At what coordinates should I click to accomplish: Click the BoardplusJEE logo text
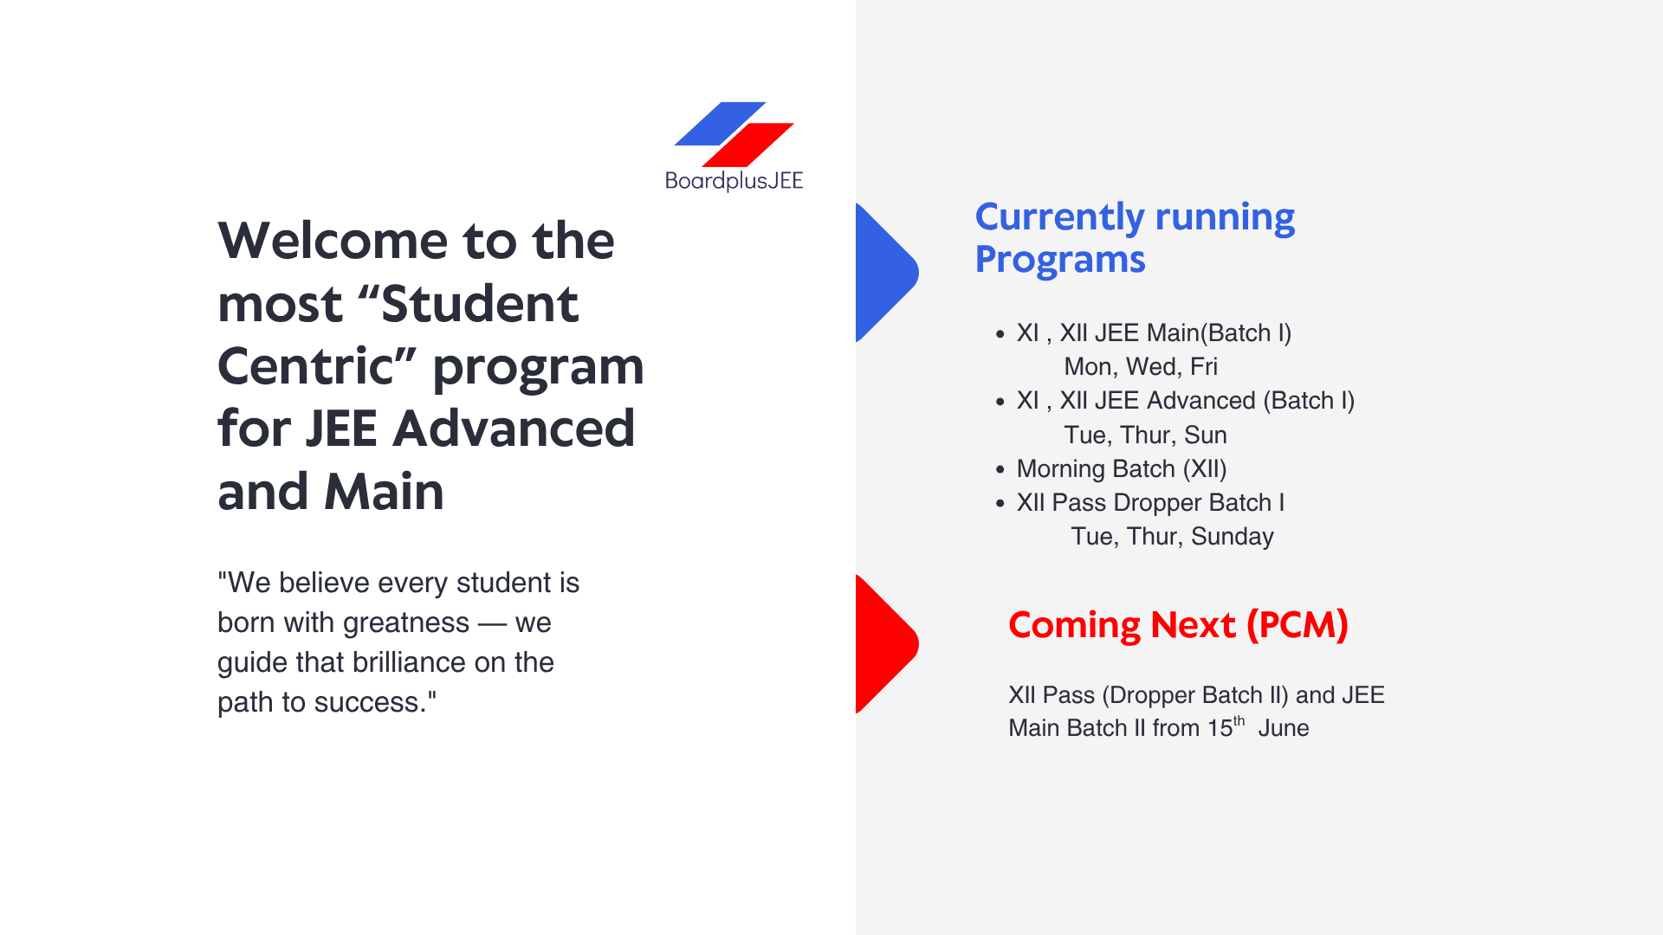(x=734, y=180)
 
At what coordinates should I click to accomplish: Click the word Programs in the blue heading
(x=1060, y=260)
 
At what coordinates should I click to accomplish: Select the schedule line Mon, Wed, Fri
(x=1141, y=367)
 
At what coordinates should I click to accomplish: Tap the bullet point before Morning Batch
(x=1000, y=469)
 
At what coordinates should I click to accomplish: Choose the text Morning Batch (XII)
(x=1122, y=469)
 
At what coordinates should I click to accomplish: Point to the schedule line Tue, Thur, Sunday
(x=1172, y=537)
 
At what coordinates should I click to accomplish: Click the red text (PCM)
(x=1297, y=625)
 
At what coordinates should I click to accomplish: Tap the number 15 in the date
(x=1220, y=728)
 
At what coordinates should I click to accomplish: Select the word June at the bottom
(x=1284, y=728)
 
